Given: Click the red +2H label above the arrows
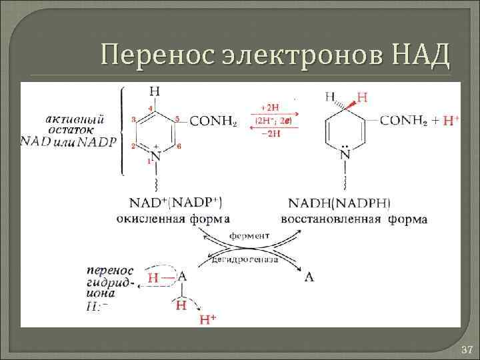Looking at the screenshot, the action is pyautogui.click(x=271, y=107).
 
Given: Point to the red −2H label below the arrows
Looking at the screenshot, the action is pyautogui.click(x=271, y=133).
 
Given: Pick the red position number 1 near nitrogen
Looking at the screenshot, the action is pyautogui.click(x=149, y=161).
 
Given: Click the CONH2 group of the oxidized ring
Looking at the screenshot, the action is pyautogui.click(x=213, y=121).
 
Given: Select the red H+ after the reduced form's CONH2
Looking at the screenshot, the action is pyautogui.click(x=451, y=121).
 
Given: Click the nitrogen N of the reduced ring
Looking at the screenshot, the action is pyautogui.click(x=345, y=155).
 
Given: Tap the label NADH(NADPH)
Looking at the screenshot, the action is pyautogui.click(x=341, y=203).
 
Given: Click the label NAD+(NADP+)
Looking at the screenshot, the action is pyautogui.click(x=169, y=202).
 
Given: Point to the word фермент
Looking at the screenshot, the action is pyautogui.click(x=249, y=235).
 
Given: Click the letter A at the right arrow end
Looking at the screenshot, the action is pyautogui.click(x=309, y=275).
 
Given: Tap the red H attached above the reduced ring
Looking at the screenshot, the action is pyautogui.click(x=362, y=97).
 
